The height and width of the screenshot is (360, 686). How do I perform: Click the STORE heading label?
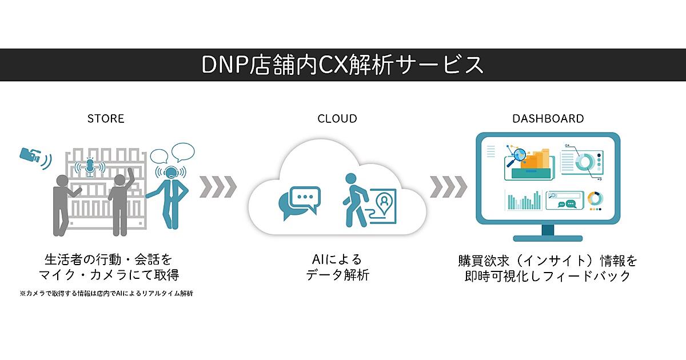(106, 119)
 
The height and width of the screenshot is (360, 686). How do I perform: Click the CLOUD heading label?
(337, 119)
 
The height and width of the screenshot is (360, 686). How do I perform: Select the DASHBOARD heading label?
(548, 119)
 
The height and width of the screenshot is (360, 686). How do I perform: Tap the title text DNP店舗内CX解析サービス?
(342, 65)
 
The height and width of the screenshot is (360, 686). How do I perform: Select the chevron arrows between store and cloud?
(218, 186)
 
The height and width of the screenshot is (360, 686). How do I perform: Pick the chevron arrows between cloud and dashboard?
(448, 186)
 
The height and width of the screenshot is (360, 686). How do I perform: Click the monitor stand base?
(548, 237)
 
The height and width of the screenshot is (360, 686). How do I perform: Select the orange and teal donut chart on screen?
(595, 199)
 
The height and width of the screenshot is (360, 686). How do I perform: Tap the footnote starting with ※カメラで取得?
(106, 294)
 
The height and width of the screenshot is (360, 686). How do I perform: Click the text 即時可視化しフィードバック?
(548, 275)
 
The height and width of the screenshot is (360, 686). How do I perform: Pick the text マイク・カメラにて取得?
(108, 275)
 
